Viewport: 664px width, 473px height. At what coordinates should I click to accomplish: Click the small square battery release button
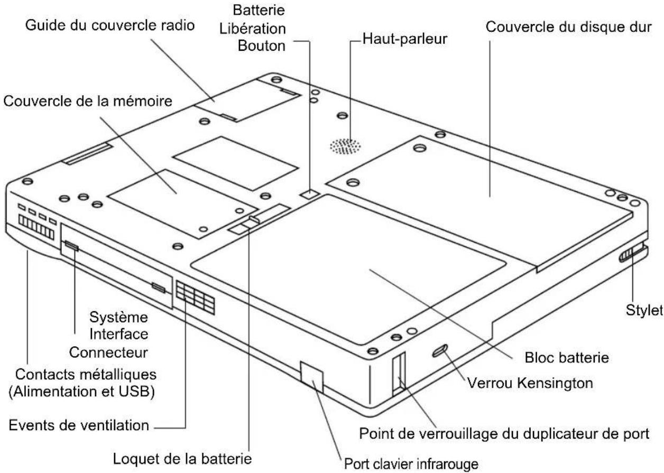[x=309, y=195]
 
